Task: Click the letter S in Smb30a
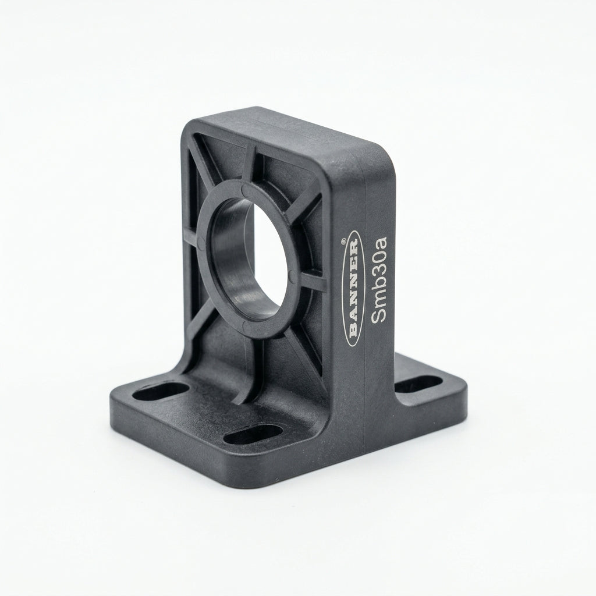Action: [x=378, y=317]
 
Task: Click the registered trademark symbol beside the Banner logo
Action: [x=343, y=240]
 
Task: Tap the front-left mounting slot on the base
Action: [x=161, y=392]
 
